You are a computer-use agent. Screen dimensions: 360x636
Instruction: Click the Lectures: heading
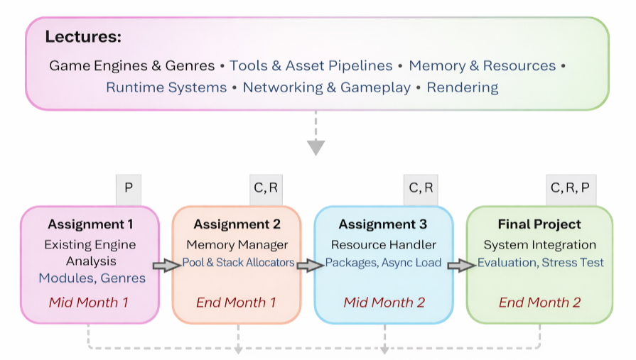tap(83, 37)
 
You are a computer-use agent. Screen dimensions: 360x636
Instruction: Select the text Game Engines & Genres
tap(131, 66)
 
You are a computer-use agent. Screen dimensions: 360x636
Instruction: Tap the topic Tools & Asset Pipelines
tap(311, 66)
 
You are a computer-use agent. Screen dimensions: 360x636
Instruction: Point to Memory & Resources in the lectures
tap(482, 66)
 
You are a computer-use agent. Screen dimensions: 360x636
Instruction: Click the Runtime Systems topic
tap(166, 88)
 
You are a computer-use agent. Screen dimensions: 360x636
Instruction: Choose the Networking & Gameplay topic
tap(326, 88)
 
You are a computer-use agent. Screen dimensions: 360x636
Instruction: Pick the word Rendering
tap(462, 88)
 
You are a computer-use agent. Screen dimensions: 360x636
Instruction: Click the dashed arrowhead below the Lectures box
tap(316, 147)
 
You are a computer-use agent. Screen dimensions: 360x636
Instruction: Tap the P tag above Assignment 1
tap(129, 188)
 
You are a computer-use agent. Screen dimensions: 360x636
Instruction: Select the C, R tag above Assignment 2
tap(266, 188)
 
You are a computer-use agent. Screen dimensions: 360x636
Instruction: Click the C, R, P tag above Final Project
tap(570, 188)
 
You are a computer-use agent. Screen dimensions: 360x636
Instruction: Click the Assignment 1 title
tap(90, 224)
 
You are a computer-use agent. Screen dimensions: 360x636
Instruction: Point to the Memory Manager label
tap(237, 245)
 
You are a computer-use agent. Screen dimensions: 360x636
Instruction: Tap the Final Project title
tap(539, 224)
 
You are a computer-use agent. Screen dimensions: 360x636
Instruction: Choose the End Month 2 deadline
tap(539, 302)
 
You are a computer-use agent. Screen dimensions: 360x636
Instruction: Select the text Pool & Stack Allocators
tap(238, 263)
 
